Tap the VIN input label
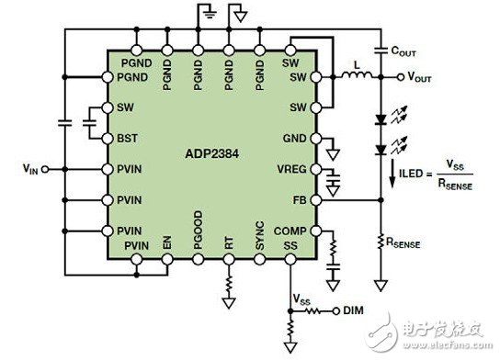click(32, 168)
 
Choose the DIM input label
click(353, 309)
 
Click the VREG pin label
click(294, 169)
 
